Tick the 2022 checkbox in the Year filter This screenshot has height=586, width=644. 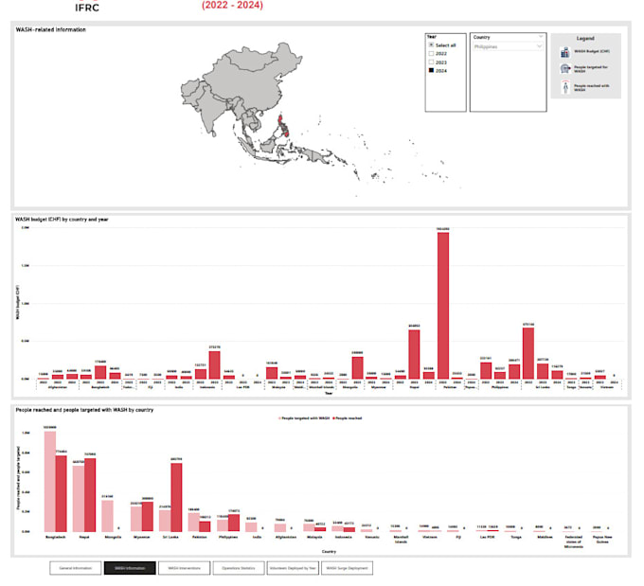pos(431,53)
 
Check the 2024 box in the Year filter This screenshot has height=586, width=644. pos(431,71)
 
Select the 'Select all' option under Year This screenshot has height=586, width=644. pos(431,44)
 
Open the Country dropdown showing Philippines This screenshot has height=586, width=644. pos(508,45)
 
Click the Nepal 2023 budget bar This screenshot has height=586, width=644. pos(414,353)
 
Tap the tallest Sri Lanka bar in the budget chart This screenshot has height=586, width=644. pos(528,352)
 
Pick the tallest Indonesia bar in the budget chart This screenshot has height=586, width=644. pos(214,364)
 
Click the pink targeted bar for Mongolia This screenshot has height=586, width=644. pos(107,515)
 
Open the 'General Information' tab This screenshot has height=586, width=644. pos(75,568)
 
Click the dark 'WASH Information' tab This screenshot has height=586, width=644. pos(129,568)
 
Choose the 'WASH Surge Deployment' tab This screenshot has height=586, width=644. pos(346,568)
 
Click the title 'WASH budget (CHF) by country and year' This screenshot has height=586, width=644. pos(63,220)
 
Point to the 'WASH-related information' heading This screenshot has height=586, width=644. pos(51,30)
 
